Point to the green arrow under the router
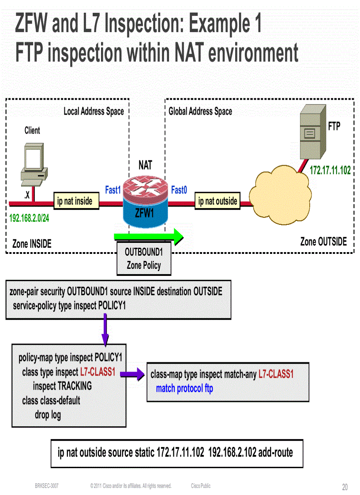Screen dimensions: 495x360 pos(148,236)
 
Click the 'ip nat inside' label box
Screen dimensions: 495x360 pos(75,201)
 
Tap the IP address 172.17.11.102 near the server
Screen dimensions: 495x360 pos(330,170)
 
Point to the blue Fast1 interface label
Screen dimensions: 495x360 pos(112,190)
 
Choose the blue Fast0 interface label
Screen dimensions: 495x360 pos(179,190)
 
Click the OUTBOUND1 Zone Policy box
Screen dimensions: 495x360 pos(144,259)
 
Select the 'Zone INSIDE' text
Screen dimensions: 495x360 pos(32,243)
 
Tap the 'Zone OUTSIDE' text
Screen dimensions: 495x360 pos(323,242)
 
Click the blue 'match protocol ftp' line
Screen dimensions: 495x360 pos(184,389)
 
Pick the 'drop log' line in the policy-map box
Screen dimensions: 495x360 pos(48,414)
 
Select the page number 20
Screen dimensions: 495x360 pos(345,487)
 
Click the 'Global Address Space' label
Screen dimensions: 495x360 pos(200,112)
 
